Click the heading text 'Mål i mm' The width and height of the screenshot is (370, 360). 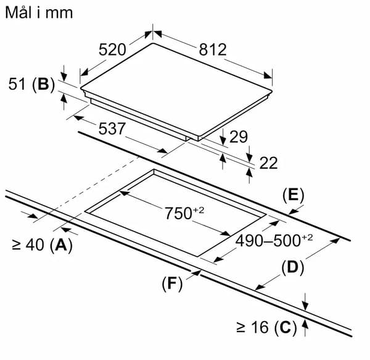(x=39, y=12)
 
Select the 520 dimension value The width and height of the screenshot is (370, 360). (x=112, y=49)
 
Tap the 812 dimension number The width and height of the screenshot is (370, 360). (x=213, y=49)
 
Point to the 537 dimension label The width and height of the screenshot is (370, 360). (x=112, y=128)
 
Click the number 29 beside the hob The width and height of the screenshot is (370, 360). (x=239, y=136)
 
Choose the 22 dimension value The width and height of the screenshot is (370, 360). (x=268, y=163)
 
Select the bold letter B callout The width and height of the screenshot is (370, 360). (x=43, y=84)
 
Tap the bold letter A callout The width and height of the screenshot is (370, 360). (x=61, y=245)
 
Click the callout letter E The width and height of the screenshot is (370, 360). (x=294, y=196)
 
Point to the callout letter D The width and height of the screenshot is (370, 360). (x=292, y=267)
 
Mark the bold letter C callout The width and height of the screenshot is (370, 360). (x=286, y=327)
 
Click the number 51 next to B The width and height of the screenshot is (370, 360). (x=17, y=84)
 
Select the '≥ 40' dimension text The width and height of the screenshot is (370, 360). (x=28, y=245)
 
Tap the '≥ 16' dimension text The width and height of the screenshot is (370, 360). (x=252, y=327)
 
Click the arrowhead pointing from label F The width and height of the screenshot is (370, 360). (x=196, y=274)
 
